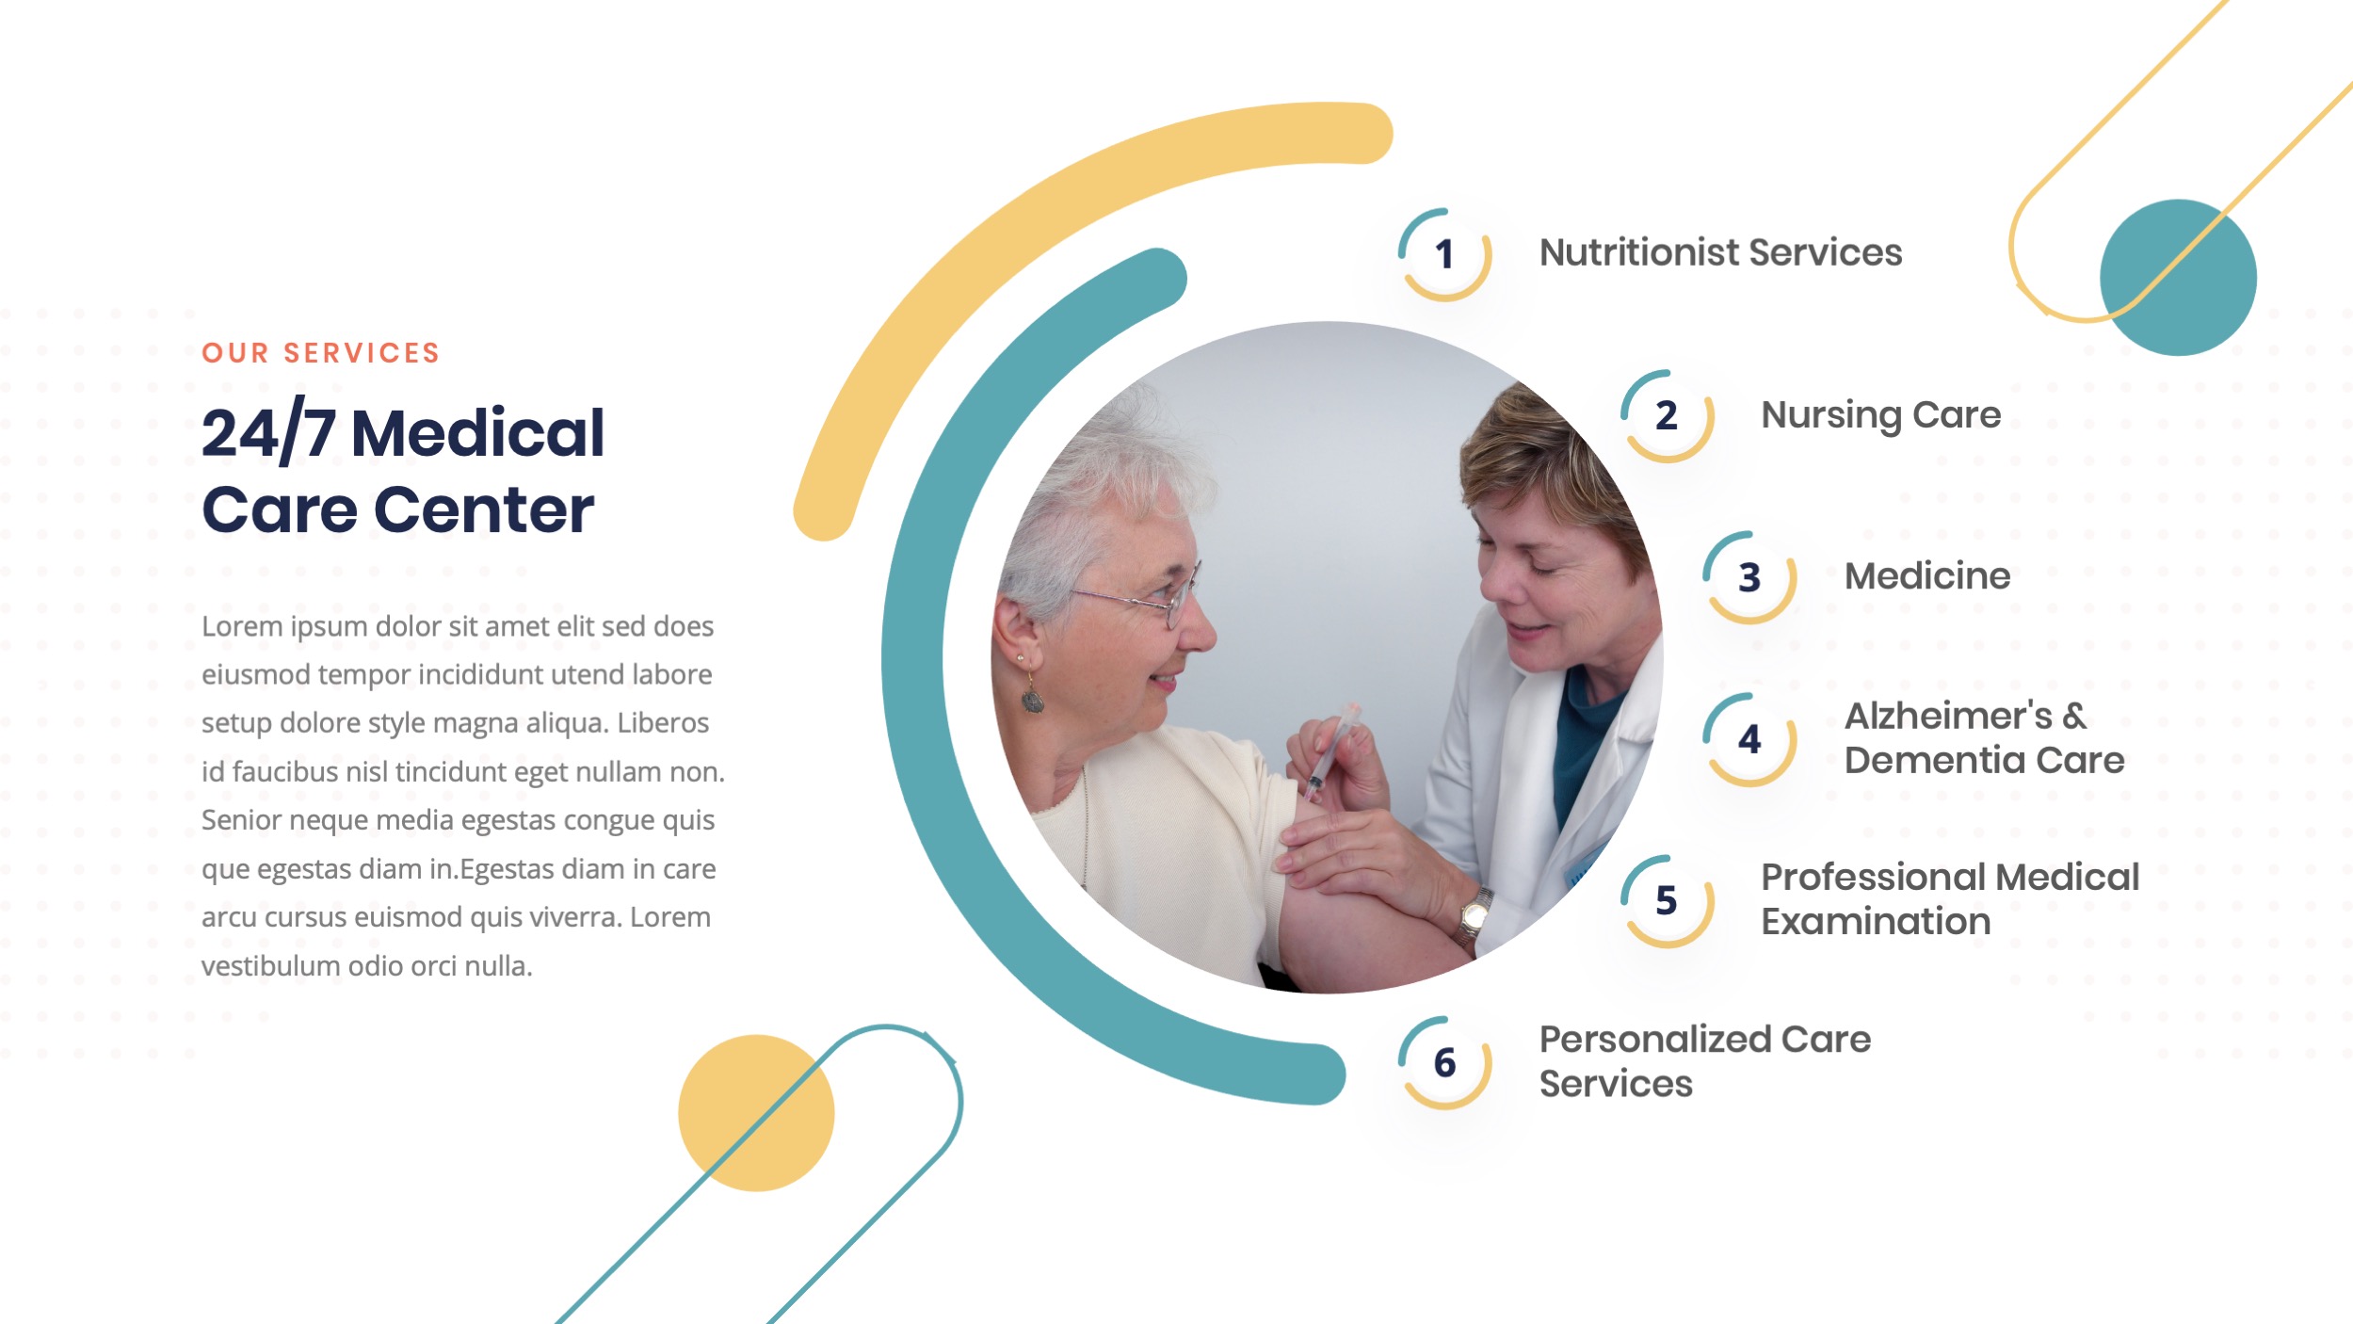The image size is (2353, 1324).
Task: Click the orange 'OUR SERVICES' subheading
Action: pyautogui.click(x=320, y=353)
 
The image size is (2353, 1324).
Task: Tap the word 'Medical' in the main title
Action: pyautogui.click(x=477, y=433)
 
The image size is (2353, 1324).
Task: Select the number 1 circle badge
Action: pyautogui.click(x=1444, y=254)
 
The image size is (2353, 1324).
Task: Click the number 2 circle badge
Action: pyautogui.click(x=1667, y=416)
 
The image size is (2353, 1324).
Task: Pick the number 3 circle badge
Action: pyautogui.click(x=1749, y=577)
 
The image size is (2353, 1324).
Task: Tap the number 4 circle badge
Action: pyautogui.click(x=1749, y=739)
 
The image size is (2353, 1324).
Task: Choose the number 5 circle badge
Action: pyautogui.click(x=1667, y=901)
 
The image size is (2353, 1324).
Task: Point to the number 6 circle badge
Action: pyautogui.click(x=1444, y=1063)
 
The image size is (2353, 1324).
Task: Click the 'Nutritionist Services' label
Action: pyautogui.click(x=1720, y=252)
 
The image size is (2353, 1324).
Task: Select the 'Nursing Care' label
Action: pyautogui.click(x=1880, y=415)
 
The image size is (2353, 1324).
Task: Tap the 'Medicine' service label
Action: pyautogui.click(x=1926, y=576)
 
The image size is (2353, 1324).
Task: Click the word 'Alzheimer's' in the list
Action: pyautogui.click(x=1947, y=717)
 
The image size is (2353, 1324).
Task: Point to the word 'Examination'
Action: pyautogui.click(x=1876, y=922)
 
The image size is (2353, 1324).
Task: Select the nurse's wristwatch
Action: pyautogui.click(x=1474, y=913)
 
